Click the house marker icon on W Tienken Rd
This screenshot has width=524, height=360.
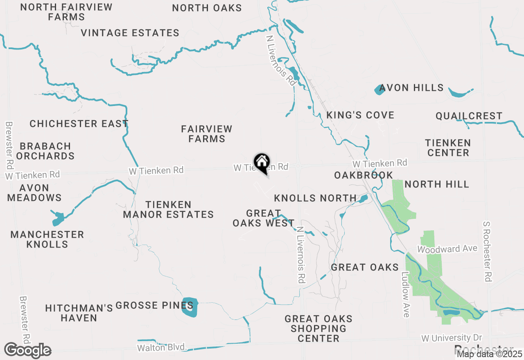click(262, 162)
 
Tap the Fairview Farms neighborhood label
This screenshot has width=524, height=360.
click(207, 134)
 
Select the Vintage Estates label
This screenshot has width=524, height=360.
click(130, 33)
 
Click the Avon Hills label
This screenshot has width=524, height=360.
click(411, 88)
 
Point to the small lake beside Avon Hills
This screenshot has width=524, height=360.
click(379, 90)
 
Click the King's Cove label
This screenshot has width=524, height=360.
click(360, 115)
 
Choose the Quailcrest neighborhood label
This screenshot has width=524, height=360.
click(469, 116)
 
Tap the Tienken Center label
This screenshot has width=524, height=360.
click(448, 148)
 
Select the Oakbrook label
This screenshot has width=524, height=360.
click(364, 175)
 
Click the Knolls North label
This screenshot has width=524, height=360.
click(315, 198)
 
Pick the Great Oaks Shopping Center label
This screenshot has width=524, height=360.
click(318, 328)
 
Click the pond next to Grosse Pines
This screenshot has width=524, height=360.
click(190, 308)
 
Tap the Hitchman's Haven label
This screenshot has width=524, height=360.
click(79, 313)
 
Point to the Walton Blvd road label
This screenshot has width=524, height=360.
click(162, 348)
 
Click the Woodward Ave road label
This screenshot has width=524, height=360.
click(447, 249)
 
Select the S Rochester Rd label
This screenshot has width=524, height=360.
click(487, 251)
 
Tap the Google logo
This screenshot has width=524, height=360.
click(27, 351)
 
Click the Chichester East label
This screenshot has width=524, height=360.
click(79, 124)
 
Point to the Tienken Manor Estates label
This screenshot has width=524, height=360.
click(168, 209)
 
